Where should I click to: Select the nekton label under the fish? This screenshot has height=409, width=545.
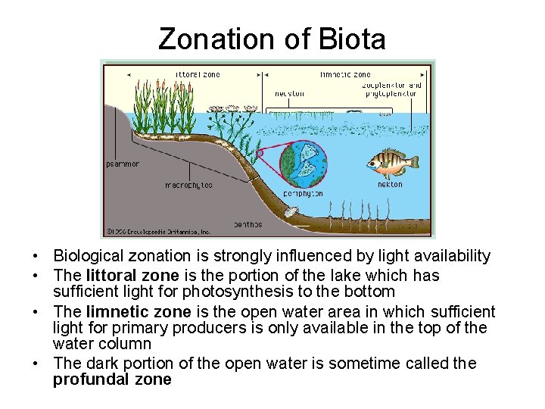390,184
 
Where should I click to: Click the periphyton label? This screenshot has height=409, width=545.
303,194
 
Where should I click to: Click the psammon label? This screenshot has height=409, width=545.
123,164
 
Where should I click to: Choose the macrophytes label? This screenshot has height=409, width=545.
188,185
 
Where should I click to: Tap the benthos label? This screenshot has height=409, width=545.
248,224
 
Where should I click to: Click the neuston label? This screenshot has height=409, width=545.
290,94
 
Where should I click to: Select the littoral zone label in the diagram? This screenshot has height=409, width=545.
198,74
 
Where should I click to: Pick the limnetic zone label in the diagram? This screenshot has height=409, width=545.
345,74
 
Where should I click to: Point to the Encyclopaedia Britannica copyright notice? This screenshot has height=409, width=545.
158,232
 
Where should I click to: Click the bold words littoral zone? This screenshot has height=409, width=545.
133,276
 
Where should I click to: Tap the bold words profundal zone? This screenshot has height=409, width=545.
112,380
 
